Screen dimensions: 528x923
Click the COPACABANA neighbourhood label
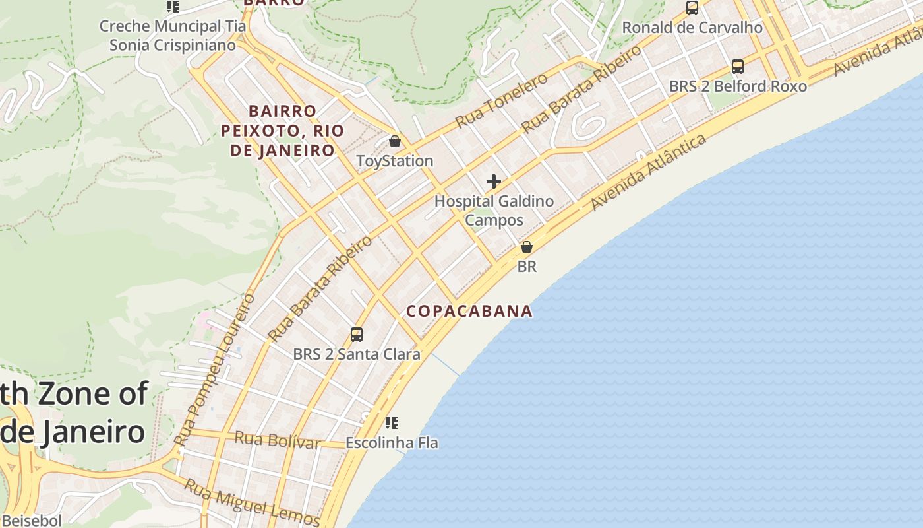(469, 311)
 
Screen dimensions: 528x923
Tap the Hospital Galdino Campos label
(494, 211)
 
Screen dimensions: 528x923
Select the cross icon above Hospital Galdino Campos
(494, 181)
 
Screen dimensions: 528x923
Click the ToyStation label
(394, 161)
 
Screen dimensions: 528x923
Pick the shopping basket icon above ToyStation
(394, 141)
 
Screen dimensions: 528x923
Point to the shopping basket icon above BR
(527, 247)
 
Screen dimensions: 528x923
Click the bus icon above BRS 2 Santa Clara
(357, 334)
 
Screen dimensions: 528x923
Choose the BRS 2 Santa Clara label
(357, 354)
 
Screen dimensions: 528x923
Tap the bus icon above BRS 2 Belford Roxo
(738, 67)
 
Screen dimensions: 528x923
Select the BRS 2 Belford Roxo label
(738, 86)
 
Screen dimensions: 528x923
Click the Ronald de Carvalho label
(692, 28)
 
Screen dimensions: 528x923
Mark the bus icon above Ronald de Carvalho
(692, 8)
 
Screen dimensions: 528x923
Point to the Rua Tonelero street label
(502, 100)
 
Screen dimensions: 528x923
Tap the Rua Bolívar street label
(277, 440)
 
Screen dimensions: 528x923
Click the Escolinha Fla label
(392, 443)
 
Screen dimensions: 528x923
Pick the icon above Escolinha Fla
(392, 422)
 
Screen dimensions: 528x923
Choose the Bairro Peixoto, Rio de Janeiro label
(282, 131)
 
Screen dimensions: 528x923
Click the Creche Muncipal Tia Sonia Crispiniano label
(172, 36)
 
